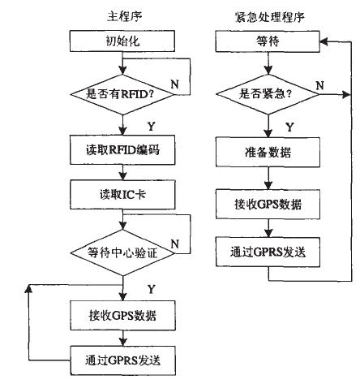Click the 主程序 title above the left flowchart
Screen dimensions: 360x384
tap(125, 17)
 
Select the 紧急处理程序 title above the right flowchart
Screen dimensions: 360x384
tap(269, 17)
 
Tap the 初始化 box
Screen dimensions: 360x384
tap(122, 41)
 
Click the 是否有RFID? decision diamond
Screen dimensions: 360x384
tap(122, 94)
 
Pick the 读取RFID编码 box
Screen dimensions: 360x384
tap(122, 150)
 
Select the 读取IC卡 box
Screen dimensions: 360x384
tap(122, 195)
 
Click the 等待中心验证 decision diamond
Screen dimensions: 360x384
tap(122, 253)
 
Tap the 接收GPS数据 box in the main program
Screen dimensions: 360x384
tap(123, 315)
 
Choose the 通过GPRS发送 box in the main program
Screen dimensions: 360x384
tap(123, 360)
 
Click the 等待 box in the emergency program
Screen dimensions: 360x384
tap(268, 41)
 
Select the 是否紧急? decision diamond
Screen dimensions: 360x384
tap(268, 94)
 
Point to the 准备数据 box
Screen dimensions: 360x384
tap(268, 152)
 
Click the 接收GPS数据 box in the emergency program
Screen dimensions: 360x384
tap(268, 204)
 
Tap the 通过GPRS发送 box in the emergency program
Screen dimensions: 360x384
tap(268, 252)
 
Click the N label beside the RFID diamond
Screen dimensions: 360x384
tap(174, 84)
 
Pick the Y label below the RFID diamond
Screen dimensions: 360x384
tap(152, 127)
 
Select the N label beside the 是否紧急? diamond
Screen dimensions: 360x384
tap(320, 85)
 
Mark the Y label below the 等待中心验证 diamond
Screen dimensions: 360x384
tap(152, 289)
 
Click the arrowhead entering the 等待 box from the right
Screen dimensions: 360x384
tap(324, 41)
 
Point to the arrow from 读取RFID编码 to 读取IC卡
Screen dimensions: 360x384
tap(122, 172)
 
